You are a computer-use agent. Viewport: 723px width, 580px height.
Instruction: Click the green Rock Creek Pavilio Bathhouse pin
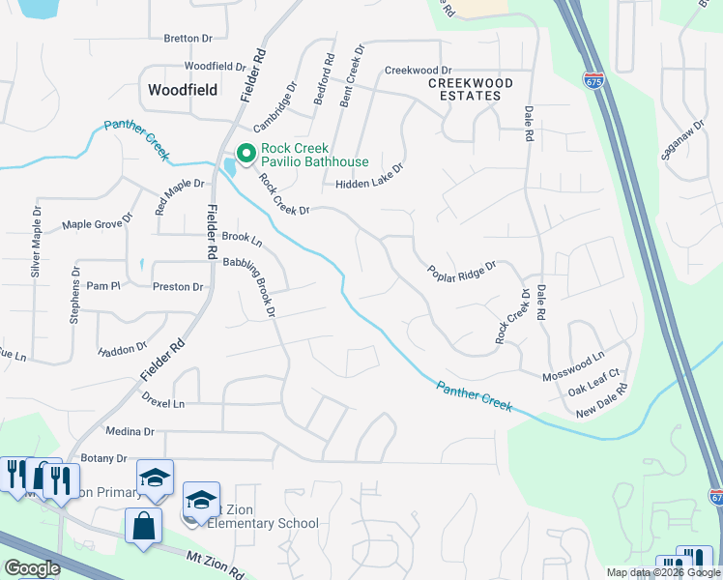(246, 153)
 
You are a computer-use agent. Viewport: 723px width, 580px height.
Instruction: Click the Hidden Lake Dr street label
(368, 184)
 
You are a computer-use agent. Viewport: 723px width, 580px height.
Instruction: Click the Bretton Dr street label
(188, 39)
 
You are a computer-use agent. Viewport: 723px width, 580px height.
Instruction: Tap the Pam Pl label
(102, 286)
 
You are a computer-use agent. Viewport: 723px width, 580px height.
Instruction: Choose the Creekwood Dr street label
(418, 71)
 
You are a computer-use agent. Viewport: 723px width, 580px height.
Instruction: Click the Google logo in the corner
(31, 568)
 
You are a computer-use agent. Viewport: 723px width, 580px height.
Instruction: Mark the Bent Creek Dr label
(347, 76)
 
